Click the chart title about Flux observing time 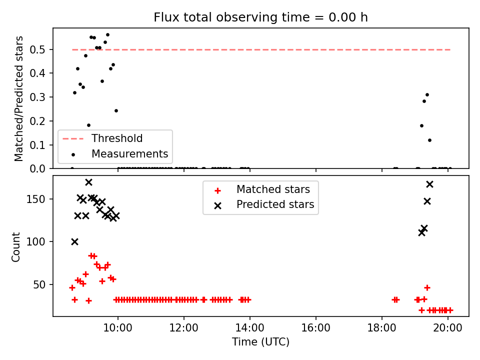click(260, 17)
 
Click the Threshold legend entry click(102, 138)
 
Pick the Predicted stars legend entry click(264, 204)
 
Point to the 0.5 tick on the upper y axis click(37, 49)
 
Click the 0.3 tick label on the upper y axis click(37, 97)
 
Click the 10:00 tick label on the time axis click(118, 328)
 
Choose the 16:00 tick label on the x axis click(316, 328)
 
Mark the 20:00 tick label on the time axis click(448, 328)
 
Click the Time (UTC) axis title click(260, 341)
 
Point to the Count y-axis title click(15, 247)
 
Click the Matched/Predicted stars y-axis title click(18, 98)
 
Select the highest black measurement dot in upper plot click(108, 35)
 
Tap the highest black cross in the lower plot click(89, 182)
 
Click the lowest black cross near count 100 click(74, 242)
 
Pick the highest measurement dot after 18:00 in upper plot click(427, 95)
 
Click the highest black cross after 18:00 click(430, 184)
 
